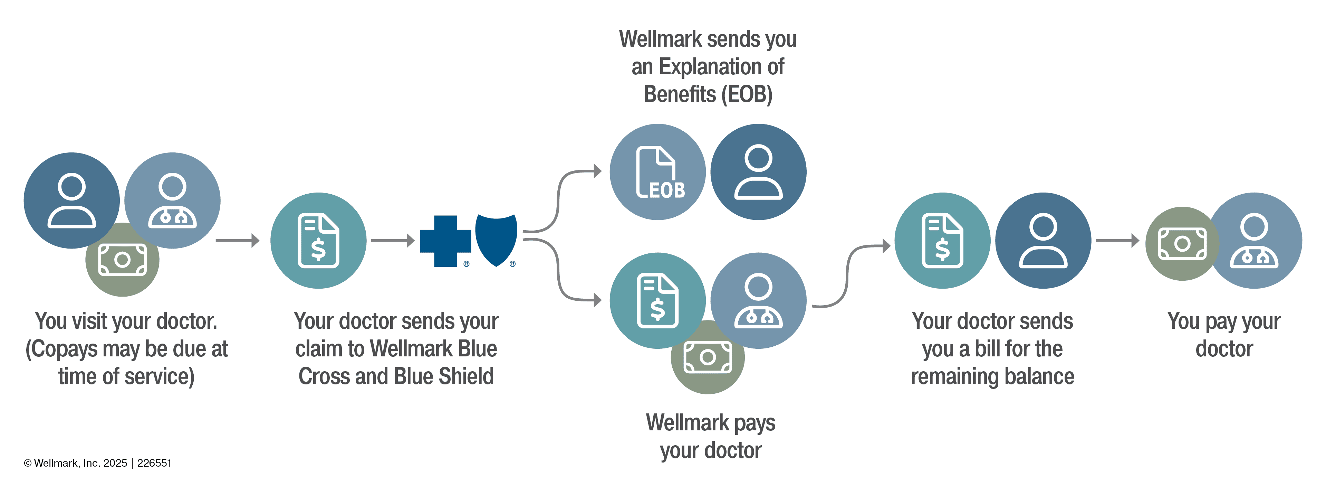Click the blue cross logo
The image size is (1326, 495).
pos(445,241)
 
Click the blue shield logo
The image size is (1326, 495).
pos(496,239)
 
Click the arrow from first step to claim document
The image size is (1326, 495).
pos(237,241)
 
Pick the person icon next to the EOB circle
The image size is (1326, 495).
pos(758,172)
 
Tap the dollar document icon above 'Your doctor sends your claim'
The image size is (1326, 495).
pos(318,241)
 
